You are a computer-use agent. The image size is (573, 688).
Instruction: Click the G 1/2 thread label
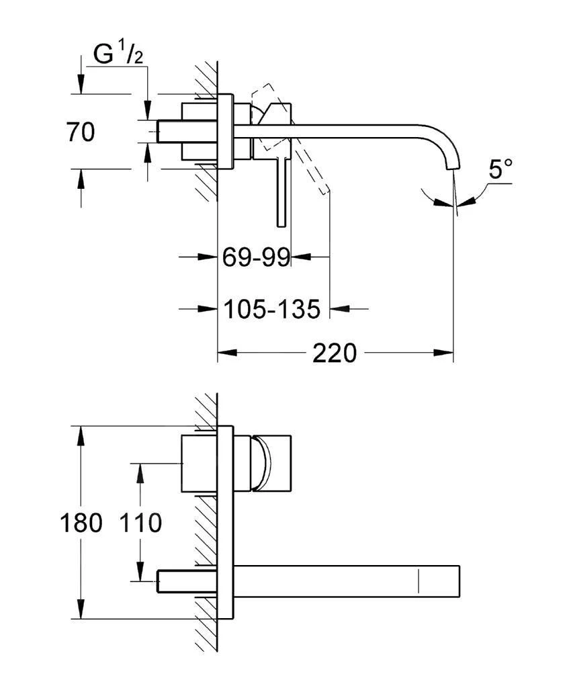[x=118, y=56]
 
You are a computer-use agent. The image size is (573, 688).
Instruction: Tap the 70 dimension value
[x=80, y=132]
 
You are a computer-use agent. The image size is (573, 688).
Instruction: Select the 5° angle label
[x=500, y=169]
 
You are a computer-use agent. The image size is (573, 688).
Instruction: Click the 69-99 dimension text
[x=256, y=257]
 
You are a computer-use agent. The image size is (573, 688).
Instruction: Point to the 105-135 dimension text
[x=271, y=309]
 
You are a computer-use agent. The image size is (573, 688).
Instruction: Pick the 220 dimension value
[x=335, y=353]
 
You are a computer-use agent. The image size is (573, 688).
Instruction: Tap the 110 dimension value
[x=140, y=523]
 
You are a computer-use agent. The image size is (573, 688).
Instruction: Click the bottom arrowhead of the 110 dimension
[x=140, y=574]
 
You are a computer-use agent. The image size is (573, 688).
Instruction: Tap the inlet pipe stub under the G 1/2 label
[x=171, y=131]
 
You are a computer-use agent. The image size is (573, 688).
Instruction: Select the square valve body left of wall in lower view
[x=199, y=464]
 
